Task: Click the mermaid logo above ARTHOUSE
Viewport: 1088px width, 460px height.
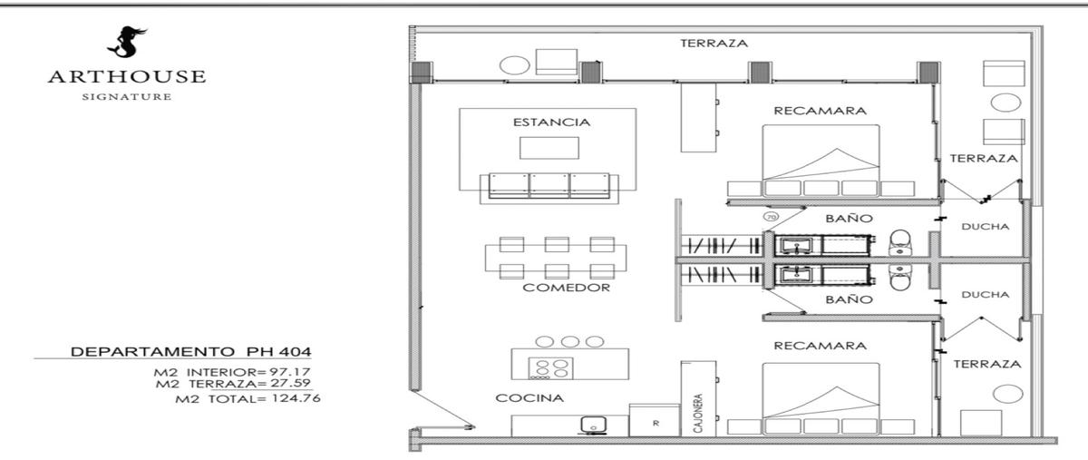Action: (x=126, y=42)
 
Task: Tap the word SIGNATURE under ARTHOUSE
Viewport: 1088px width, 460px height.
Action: (x=127, y=97)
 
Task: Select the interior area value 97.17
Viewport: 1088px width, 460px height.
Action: (x=290, y=372)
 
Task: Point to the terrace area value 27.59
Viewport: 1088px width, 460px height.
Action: (x=290, y=383)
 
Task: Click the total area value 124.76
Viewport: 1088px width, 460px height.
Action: (x=296, y=398)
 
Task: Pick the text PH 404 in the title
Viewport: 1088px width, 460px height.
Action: (x=279, y=351)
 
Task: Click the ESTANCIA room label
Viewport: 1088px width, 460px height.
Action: (x=552, y=122)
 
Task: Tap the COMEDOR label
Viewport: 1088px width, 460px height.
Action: (x=567, y=288)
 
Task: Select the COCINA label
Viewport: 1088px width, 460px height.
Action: (x=529, y=397)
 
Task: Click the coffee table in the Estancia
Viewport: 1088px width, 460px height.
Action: (x=549, y=148)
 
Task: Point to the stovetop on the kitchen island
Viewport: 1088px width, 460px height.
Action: (x=550, y=368)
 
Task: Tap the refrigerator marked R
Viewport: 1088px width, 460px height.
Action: (x=655, y=420)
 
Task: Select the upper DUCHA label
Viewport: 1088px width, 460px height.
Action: (x=985, y=227)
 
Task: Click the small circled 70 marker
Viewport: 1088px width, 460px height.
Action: (x=771, y=217)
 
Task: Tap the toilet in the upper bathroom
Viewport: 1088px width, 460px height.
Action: (x=899, y=242)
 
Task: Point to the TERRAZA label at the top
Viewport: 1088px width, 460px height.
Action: (x=714, y=44)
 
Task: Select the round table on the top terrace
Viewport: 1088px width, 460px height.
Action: (x=514, y=65)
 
